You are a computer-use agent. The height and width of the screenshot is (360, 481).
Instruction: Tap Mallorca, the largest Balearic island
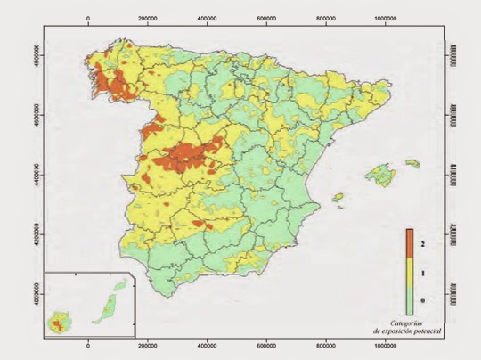[x=384, y=172]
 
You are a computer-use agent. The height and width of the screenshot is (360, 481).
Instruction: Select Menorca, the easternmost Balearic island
[x=412, y=163]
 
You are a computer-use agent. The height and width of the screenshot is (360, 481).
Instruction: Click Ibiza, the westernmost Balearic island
[x=338, y=197]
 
